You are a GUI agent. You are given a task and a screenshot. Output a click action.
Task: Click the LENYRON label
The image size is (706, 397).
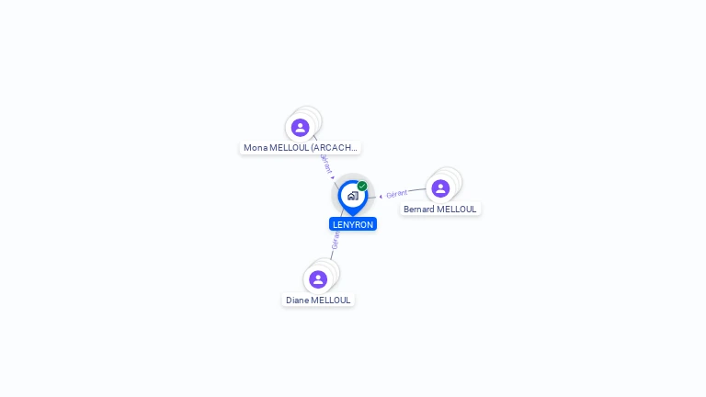353,224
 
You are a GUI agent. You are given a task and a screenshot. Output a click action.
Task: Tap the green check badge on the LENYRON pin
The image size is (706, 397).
362,187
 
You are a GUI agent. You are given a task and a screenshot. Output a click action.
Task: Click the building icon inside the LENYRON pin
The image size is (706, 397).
352,196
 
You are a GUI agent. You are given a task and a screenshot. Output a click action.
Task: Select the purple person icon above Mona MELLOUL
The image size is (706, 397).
300,128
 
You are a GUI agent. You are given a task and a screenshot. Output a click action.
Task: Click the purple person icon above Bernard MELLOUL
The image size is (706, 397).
440,188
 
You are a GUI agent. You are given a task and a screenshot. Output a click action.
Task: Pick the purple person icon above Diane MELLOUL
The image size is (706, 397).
318,279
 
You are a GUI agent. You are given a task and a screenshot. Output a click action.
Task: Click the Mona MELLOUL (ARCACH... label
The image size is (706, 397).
300,147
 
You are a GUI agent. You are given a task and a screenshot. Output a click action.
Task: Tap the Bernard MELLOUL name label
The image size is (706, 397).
440,209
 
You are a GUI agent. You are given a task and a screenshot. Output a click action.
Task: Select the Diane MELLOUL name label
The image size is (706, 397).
318,300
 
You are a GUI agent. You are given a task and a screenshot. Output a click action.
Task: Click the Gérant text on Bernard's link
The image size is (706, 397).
397,194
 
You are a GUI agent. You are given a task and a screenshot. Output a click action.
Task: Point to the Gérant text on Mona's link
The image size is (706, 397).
325,163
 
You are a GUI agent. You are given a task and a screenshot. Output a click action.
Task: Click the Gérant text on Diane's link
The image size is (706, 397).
336,241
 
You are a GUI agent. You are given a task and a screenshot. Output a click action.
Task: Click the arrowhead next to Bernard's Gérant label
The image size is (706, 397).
381,196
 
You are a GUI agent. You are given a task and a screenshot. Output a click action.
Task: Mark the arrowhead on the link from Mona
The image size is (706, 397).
333,177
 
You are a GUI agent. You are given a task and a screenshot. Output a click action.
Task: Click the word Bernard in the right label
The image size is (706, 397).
419,209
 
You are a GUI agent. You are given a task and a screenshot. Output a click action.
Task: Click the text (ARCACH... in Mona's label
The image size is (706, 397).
335,147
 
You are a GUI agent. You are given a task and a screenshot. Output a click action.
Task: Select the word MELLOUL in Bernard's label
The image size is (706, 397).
457,209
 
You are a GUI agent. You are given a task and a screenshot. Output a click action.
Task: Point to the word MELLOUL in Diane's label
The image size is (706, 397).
331,300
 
